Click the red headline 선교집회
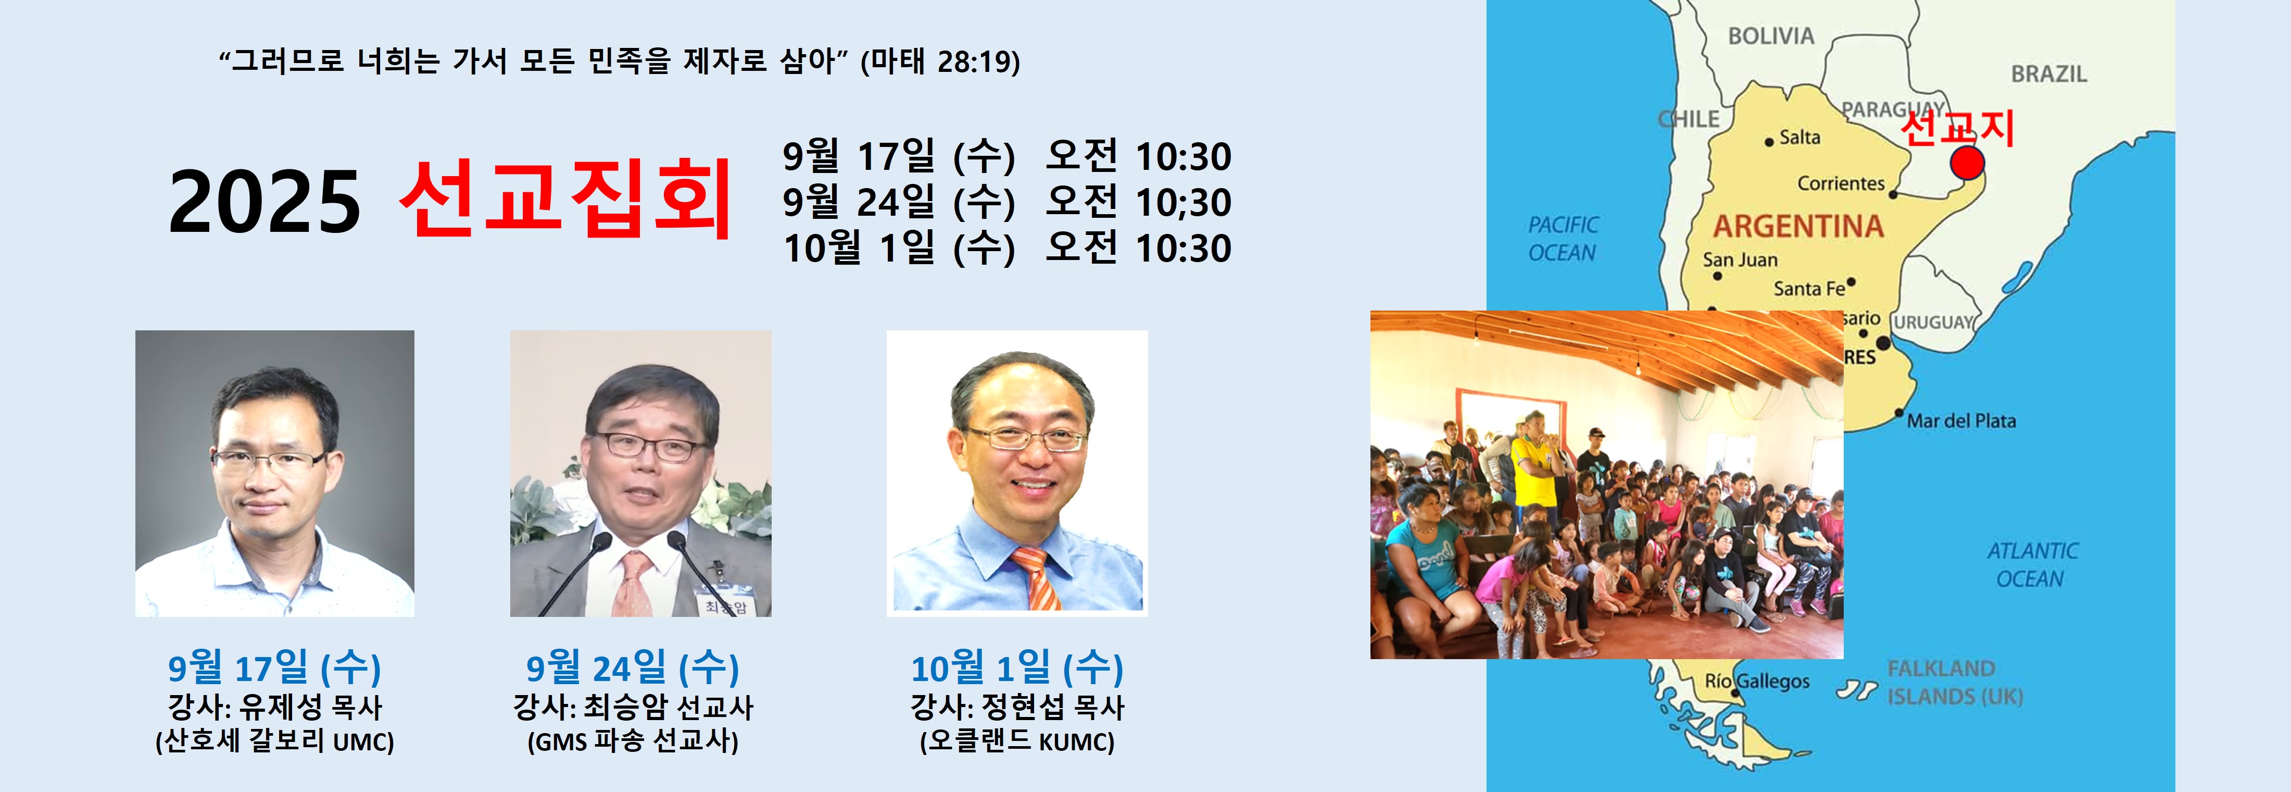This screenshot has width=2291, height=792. click(565, 200)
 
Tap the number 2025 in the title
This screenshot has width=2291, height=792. click(265, 203)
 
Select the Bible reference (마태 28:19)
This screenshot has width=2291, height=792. click(940, 61)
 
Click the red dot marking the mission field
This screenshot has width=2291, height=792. click(1967, 164)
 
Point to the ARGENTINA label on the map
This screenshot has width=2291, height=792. click(1798, 227)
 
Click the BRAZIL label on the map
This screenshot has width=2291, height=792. click(2049, 74)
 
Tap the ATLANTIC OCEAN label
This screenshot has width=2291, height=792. click(2031, 565)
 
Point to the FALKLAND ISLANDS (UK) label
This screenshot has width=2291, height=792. click(1955, 682)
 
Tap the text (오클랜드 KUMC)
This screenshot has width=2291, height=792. click(1016, 741)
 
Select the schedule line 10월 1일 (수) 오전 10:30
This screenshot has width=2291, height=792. click(1007, 248)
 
